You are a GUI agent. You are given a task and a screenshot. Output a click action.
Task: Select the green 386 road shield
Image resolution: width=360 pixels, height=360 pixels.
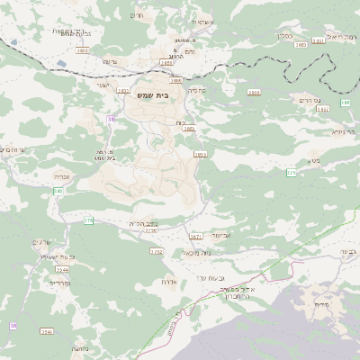pos(346,105)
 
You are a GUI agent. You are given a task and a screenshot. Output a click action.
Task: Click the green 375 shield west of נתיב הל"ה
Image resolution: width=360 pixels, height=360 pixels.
pos(87,220)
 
